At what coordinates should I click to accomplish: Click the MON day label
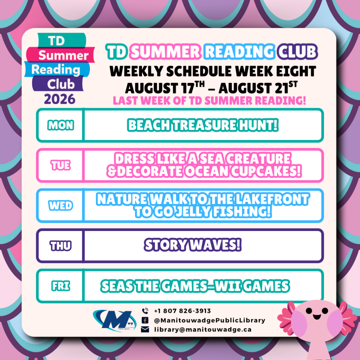click(60, 126)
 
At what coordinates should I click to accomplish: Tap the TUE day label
click(60, 165)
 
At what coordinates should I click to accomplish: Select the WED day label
click(60, 205)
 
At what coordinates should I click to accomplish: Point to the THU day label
click(60, 246)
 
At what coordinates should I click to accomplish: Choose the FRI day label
click(60, 286)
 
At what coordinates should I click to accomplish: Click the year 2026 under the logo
click(60, 99)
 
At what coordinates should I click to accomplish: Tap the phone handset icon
click(145, 311)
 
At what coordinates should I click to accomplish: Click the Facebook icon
click(145, 320)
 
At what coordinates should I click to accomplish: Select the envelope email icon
click(145, 329)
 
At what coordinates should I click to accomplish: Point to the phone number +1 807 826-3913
click(182, 311)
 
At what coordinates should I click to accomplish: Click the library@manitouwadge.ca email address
click(203, 329)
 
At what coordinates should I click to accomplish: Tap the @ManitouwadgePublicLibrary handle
click(210, 320)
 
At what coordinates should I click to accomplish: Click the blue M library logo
click(115, 320)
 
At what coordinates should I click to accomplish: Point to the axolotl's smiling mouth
click(317, 317)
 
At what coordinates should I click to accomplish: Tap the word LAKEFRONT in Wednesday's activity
click(272, 199)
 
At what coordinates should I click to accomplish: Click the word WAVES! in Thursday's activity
click(216, 245)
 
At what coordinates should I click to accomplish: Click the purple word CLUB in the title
click(297, 51)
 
